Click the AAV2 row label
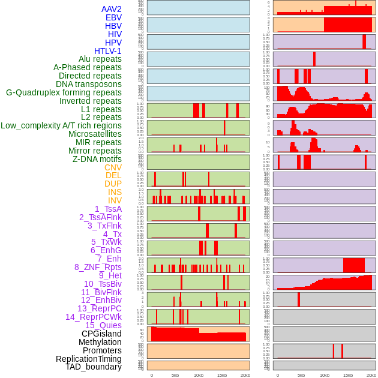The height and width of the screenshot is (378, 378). point(112,9)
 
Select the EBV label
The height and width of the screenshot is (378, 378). point(113,17)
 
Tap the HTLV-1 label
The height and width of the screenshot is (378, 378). point(108,51)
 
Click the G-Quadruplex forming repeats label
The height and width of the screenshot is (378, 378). point(64,92)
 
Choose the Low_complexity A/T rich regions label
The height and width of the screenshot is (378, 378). point(61,125)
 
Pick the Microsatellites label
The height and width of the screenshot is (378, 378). point(95,134)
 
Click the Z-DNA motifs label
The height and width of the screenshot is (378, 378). point(97,159)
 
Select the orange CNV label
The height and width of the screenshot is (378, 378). point(113,167)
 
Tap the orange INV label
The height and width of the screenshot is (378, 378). point(115,200)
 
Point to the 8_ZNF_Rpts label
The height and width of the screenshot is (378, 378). point(98,267)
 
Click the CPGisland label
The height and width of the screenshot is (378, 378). point(101,334)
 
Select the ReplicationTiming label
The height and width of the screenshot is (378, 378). point(88,359)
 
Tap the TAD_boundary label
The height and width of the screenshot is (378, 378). point(94,367)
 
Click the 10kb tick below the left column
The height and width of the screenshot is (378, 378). point(198,375)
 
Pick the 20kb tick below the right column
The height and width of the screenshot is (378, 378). point(371,375)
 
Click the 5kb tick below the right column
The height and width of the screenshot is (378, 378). point(301,375)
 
